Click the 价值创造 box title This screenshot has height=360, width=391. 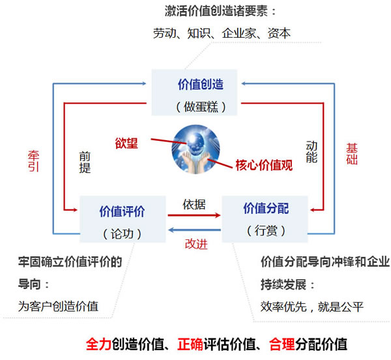(x=201, y=84)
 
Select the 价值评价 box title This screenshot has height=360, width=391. (x=123, y=211)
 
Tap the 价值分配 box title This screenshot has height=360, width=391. (x=266, y=208)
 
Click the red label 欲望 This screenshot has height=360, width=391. (x=126, y=143)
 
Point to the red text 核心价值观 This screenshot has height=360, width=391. (x=264, y=165)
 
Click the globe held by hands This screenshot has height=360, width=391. (x=195, y=149)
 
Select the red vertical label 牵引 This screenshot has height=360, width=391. (x=33, y=161)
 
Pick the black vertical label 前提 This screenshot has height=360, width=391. (x=85, y=162)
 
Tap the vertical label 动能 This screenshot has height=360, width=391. (x=311, y=151)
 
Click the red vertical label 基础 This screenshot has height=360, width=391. (x=352, y=154)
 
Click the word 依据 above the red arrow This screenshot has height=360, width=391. (x=194, y=205)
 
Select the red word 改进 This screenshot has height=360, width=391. (x=196, y=244)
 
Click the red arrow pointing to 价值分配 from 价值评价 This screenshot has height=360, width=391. (x=194, y=215)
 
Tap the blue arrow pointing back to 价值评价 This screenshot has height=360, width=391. (x=194, y=230)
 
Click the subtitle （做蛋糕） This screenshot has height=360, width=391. (x=201, y=107)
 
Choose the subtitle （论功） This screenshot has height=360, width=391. (x=123, y=233)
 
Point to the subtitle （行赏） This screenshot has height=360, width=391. (x=266, y=230)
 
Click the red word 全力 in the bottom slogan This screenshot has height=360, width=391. (x=98, y=344)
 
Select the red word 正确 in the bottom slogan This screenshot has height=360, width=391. (x=190, y=344)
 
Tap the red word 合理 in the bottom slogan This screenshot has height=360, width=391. (x=282, y=344)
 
